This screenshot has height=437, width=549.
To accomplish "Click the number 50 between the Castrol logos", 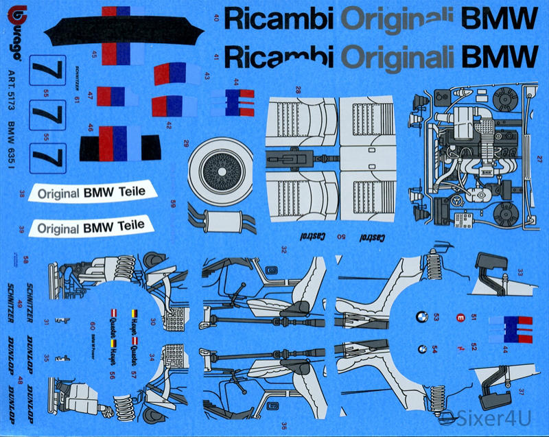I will [x=341, y=236].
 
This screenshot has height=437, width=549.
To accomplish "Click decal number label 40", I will [x=216, y=19].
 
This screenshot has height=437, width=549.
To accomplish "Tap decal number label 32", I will [x=283, y=251].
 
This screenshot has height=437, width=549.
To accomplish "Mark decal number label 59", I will [x=173, y=204].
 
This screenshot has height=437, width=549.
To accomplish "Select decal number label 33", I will [x=520, y=273].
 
